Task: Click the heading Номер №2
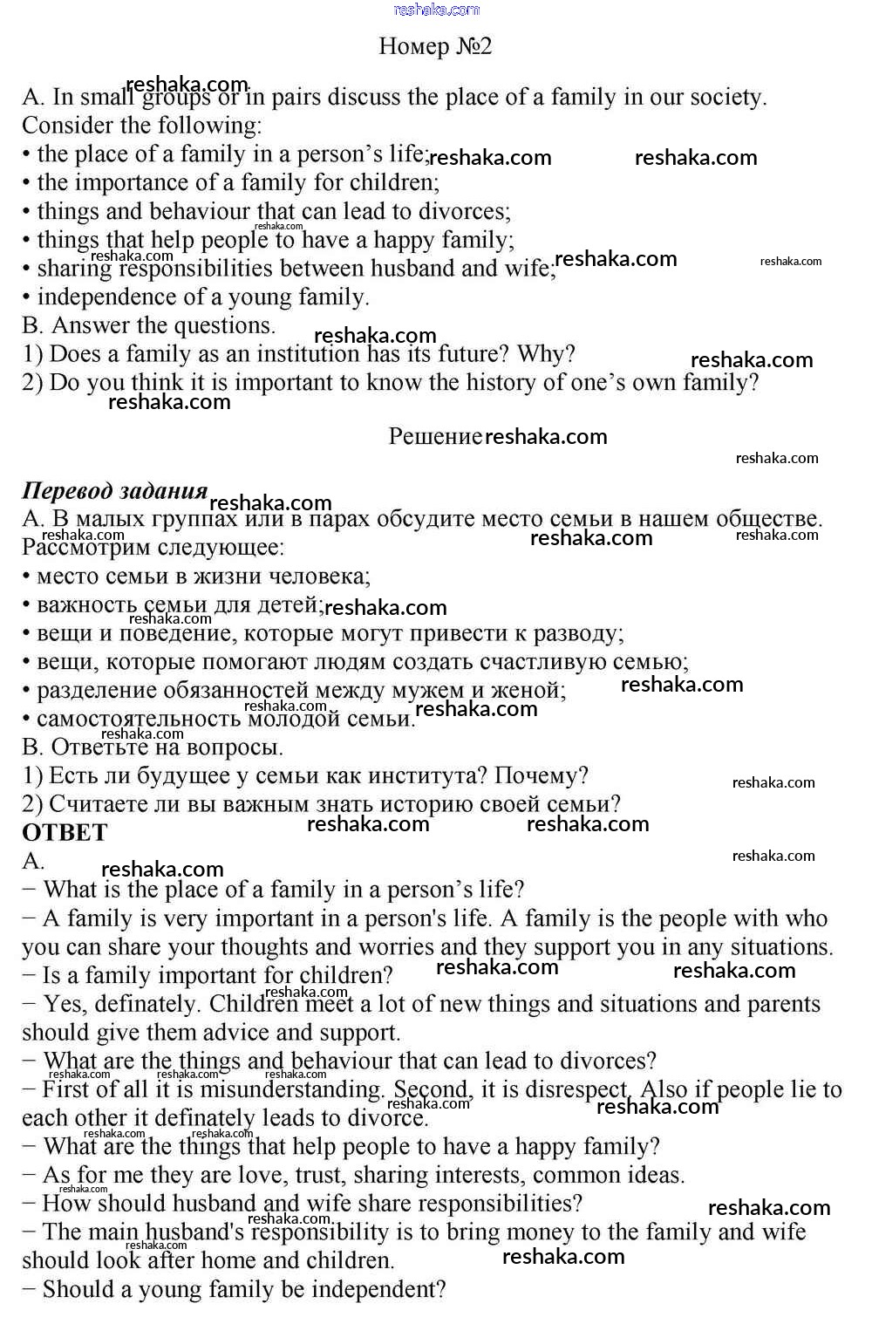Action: pyautogui.click(x=435, y=46)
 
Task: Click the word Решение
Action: pyautogui.click(x=434, y=436)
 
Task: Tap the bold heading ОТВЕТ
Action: pyautogui.click(x=65, y=833)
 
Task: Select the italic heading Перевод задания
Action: pyautogui.click(x=114, y=490)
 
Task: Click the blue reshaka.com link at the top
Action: pyautogui.click(x=436, y=10)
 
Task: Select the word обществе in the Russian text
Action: pyautogui.click(x=768, y=519)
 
